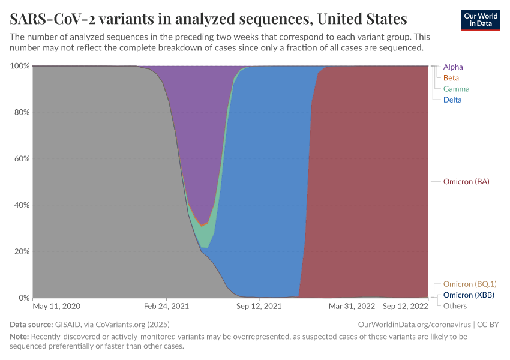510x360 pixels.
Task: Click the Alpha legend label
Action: pos(453,67)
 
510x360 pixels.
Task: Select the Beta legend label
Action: pos(451,78)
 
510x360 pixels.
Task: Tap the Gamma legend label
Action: pos(456,89)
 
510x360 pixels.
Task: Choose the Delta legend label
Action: pos(452,100)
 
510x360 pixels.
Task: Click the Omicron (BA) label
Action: pos(466,182)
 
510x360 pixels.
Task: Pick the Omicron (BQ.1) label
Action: pos(469,284)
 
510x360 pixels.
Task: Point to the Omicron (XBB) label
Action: pos(468,295)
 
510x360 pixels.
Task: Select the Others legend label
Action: pos(455,306)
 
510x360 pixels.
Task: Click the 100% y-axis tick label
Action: pos(20,66)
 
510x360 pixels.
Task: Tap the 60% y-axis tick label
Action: pos(22,159)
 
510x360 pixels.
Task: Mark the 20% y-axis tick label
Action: pos(22,251)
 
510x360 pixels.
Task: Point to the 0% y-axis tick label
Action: pos(23,298)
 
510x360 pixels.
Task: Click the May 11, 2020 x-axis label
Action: pos(56,306)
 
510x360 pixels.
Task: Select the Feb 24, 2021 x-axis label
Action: pos(167,306)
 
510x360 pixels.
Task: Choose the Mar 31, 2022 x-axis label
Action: pos(351,306)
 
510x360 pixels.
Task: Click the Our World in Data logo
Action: pos(481,20)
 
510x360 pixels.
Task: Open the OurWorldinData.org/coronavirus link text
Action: pos(414,325)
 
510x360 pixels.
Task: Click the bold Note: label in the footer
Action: pos(19,337)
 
